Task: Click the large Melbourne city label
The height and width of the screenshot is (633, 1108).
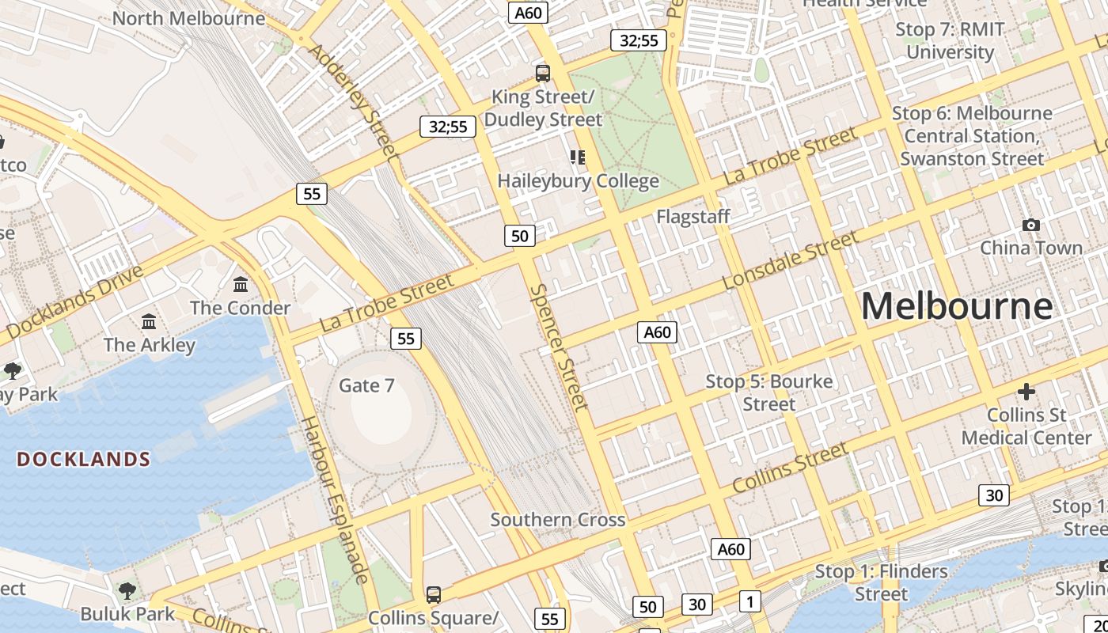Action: click(957, 306)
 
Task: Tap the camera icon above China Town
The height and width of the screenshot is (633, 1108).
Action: click(1030, 226)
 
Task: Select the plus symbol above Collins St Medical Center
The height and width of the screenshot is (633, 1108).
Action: click(1026, 392)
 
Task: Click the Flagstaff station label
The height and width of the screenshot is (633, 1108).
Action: click(692, 216)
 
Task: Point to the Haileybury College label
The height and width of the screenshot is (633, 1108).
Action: click(578, 181)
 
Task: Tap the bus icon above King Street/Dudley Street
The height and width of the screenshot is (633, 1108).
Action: click(543, 74)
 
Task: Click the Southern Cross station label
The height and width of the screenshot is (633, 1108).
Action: click(557, 520)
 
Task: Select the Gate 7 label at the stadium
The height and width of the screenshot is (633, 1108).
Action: click(366, 385)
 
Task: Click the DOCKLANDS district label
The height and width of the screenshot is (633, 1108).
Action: click(84, 460)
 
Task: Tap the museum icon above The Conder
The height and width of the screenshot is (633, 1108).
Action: click(241, 284)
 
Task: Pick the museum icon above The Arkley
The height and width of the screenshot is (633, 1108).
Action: click(149, 321)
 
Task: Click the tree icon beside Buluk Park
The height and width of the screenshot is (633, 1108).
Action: click(127, 590)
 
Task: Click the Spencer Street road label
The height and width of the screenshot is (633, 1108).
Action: click(559, 347)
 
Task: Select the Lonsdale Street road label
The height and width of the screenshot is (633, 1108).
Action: click(790, 260)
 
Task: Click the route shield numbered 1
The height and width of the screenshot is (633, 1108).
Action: click(749, 601)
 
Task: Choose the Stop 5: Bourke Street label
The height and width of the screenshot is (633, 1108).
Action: click(768, 392)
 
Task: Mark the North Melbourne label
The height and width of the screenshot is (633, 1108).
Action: click(188, 17)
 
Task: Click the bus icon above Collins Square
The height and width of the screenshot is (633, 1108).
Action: click(433, 594)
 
